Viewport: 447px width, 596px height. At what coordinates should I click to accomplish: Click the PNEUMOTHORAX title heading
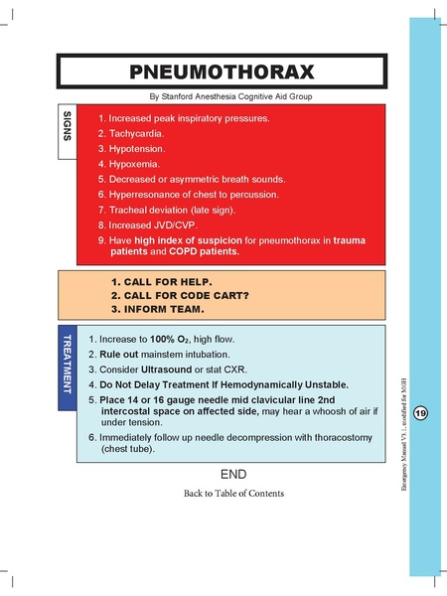point(222,73)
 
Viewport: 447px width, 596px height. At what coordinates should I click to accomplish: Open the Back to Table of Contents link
point(232,493)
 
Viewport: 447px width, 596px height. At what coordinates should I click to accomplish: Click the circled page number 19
point(420,413)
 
